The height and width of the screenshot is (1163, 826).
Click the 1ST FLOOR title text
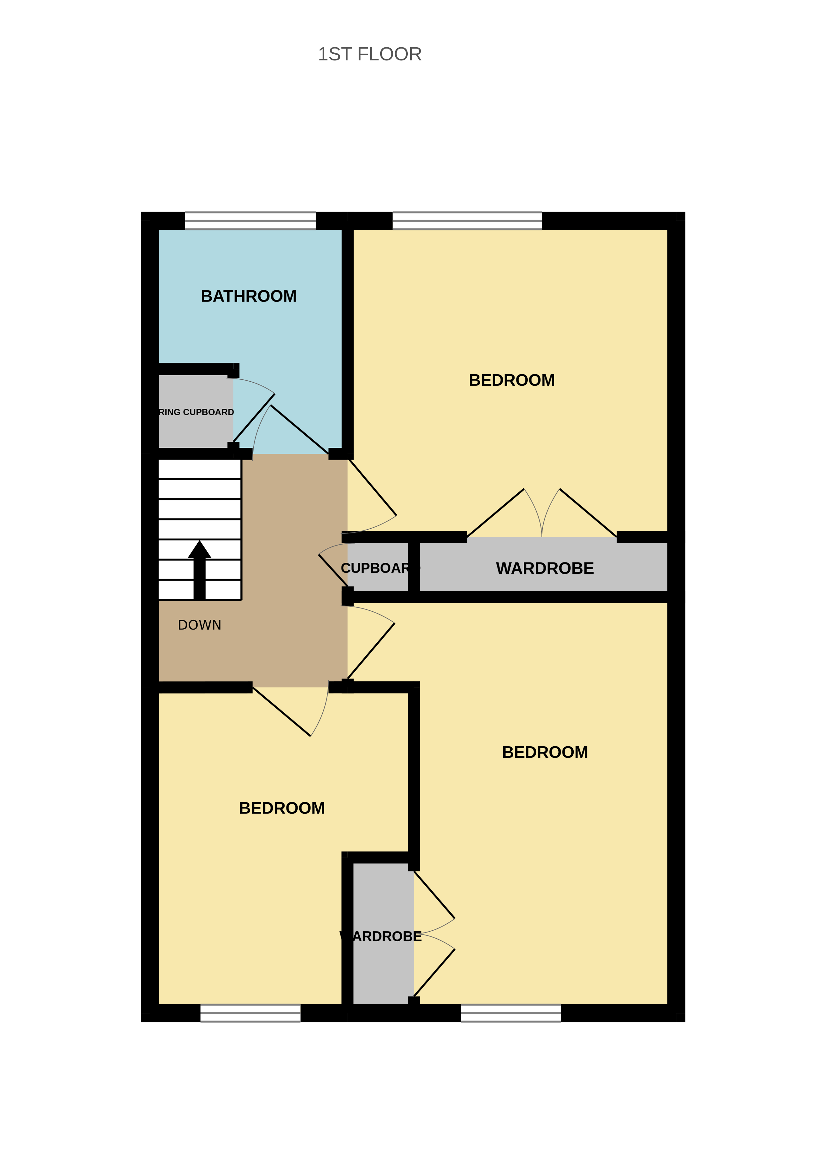pos(370,54)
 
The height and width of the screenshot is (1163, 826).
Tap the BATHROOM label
pos(249,296)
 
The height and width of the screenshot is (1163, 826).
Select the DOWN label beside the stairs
pos(199,625)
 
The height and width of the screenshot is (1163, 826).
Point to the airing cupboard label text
pos(196,412)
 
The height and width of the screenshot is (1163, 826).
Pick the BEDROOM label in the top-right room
pos(512,380)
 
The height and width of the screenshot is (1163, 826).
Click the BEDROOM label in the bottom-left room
pos(282,808)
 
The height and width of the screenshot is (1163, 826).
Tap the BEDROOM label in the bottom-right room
pos(545,752)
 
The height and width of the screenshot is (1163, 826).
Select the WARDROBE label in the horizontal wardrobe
pos(545,568)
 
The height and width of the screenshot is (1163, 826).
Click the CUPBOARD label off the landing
pos(379,568)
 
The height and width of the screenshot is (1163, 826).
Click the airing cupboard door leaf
pos(254,418)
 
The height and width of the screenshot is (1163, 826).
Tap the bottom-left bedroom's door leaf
pos(281,712)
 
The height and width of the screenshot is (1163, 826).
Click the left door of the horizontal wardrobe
pos(495,513)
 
